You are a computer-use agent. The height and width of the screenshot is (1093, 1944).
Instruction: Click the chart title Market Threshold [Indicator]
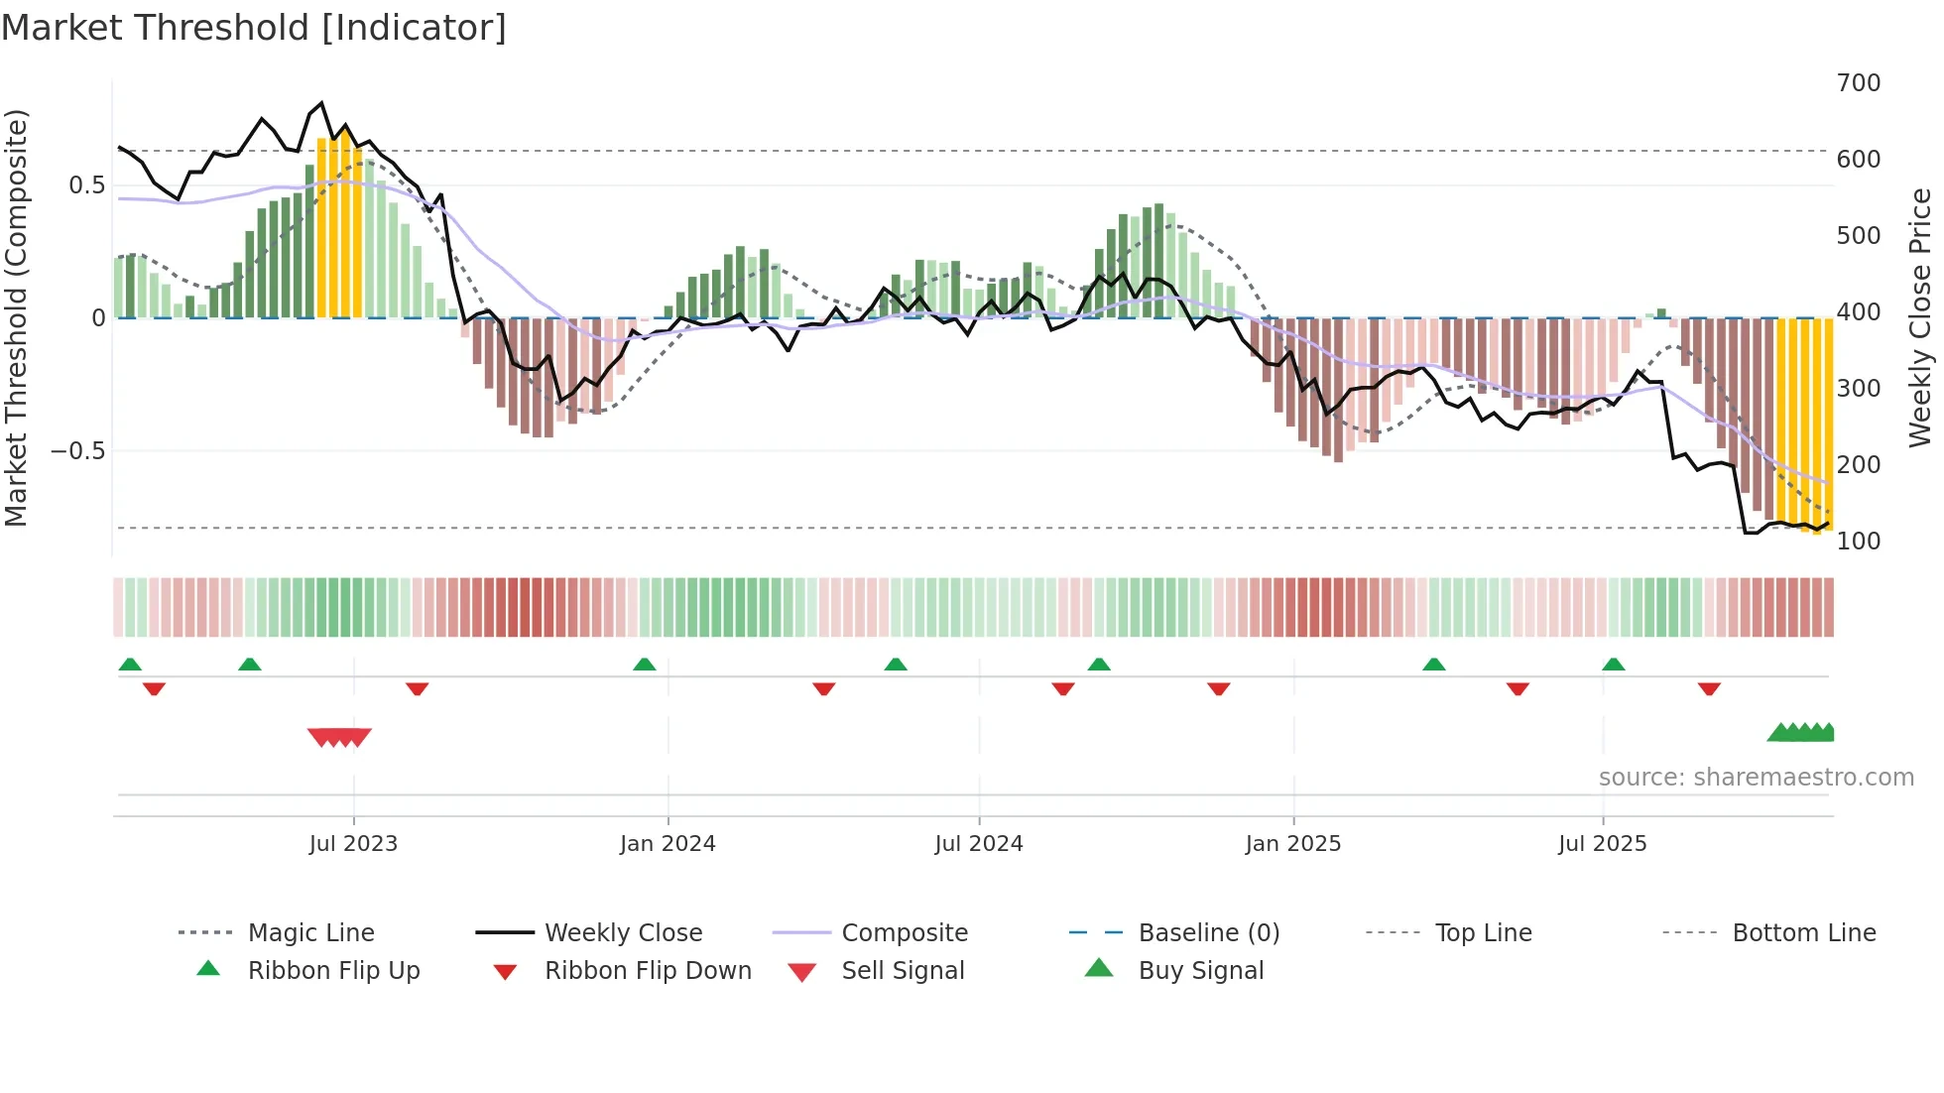(254, 28)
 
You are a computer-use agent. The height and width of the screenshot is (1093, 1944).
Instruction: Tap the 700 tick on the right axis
(1858, 83)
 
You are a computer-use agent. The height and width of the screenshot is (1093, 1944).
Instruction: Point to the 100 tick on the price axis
(1858, 542)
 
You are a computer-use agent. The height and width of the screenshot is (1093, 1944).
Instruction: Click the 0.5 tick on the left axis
(86, 185)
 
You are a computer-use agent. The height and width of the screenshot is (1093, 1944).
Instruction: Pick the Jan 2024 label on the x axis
(668, 844)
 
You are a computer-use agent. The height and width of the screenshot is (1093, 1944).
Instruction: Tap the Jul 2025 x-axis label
(1602, 844)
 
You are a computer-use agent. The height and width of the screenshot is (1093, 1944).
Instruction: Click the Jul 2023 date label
(353, 844)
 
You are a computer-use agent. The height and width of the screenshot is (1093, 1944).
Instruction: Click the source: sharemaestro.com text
(1756, 778)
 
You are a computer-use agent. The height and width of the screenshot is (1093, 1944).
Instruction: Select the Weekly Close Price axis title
(1920, 317)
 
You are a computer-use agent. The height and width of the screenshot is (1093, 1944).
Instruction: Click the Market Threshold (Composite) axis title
(17, 317)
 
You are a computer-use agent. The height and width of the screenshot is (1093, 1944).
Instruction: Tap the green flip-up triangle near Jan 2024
(645, 665)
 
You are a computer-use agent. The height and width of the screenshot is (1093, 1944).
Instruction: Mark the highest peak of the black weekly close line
(321, 103)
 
